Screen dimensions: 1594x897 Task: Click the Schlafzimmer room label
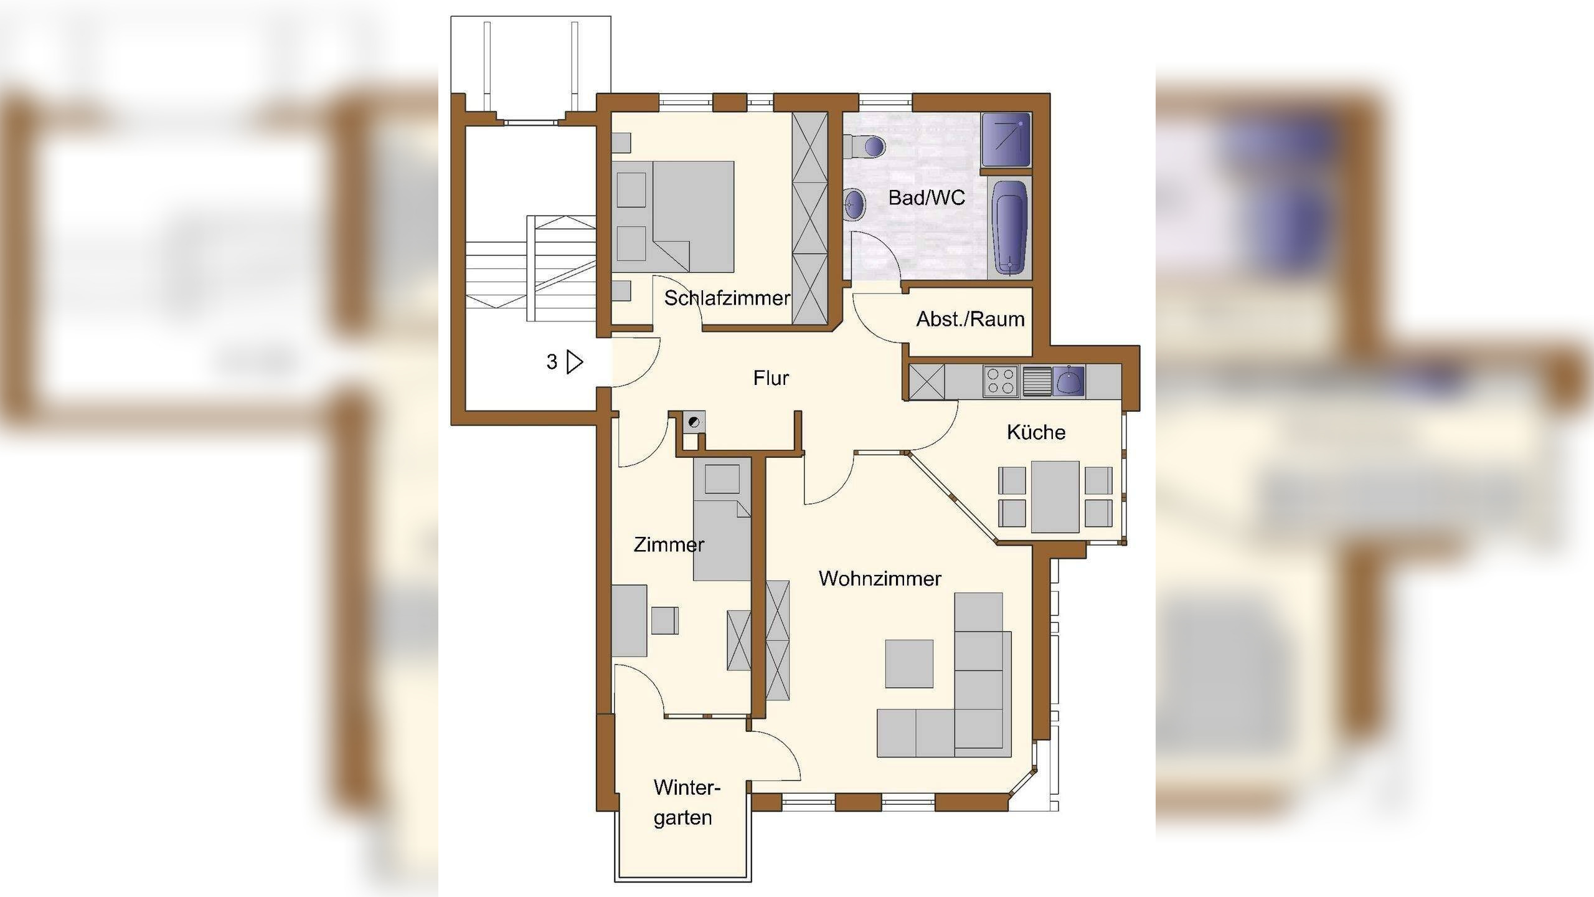pos(727,298)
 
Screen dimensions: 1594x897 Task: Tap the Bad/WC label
pos(927,198)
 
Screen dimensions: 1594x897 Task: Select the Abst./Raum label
pos(970,320)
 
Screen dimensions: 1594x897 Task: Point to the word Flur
pos(771,378)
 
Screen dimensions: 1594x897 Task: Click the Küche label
pos(1036,432)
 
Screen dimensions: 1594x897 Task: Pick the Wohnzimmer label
pos(880,579)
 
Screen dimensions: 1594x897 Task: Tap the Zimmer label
pos(669,545)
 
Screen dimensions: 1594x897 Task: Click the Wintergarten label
pos(686,803)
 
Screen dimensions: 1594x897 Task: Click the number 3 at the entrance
pos(552,362)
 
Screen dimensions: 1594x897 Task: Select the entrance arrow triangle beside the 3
pos(575,362)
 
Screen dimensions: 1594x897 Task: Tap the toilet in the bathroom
pos(866,147)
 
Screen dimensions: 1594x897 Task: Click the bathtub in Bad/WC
pos(1009,228)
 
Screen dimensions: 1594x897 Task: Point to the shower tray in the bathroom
pos(1006,140)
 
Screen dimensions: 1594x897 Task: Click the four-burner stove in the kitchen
pos(1001,381)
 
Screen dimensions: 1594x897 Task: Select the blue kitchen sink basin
pos(1068,381)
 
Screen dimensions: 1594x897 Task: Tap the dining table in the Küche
pos(1055,497)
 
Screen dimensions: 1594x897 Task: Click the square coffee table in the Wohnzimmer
pos(909,664)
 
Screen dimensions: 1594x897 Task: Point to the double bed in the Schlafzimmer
pos(674,217)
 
